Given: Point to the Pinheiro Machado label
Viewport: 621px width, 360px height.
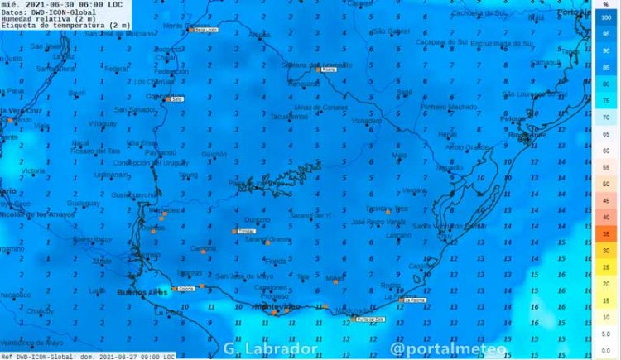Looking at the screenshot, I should pos(449,107).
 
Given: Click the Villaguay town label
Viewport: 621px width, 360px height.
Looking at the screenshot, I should pos(103,123).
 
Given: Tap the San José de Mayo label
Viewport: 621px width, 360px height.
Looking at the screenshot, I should pos(245,276).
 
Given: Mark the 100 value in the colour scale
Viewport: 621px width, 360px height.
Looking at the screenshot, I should pos(606,17).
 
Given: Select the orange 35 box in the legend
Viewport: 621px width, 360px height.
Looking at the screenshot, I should pos(606,234).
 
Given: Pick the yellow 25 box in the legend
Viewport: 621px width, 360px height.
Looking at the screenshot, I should pos(606,267).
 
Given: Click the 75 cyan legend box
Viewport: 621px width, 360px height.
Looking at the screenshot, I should pos(606,100).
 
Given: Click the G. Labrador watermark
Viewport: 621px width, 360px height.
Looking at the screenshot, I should pos(270,349).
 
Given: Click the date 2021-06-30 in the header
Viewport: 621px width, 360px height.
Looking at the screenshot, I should pos(40,5).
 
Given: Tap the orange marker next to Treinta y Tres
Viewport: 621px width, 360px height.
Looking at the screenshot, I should pos(388,212).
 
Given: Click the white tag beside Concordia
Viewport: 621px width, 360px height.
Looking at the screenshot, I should pos(176,98).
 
